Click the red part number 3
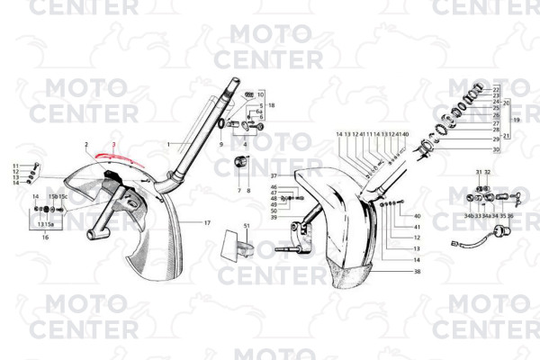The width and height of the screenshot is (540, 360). (x=114, y=144)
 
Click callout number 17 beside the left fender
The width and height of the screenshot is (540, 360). (x=207, y=222)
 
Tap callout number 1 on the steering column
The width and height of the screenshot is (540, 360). (x=168, y=144)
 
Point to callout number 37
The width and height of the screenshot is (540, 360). (x=274, y=175)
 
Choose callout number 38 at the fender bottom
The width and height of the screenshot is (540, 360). (x=418, y=271)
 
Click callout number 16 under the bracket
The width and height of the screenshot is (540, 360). (x=45, y=237)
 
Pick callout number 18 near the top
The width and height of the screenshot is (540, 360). (x=271, y=105)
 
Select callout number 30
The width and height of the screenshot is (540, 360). (x=496, y=149)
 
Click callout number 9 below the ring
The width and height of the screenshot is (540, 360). (x=220, y=144)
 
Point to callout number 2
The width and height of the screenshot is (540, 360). (x=86, y=144)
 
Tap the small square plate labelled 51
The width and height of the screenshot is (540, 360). (x=238, y=245)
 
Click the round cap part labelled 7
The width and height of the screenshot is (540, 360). (x=240, y=161)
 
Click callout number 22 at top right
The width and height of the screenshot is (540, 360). (x=496, y=90)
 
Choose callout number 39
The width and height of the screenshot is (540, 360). (x=274, y=217)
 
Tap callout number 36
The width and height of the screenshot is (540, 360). (x=511, y=216)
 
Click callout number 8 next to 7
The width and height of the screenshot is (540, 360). (x=248, y=191)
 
